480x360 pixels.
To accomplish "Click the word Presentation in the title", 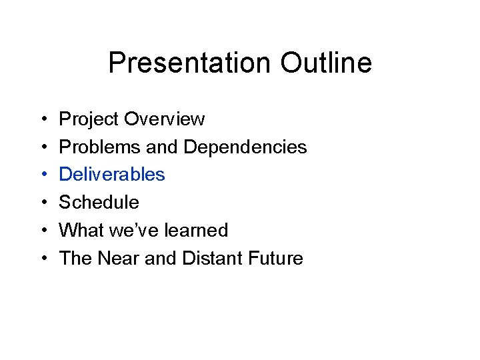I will (190, 64).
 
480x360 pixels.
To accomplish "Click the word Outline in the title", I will (326, 64).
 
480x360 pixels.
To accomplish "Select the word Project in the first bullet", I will (89, 120).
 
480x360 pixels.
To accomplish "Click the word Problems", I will (97, 147).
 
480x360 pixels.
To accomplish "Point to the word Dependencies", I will (245, 147).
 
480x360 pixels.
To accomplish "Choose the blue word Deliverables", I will (112, 175).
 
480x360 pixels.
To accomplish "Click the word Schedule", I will (99, 203).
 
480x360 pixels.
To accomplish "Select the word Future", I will (277, 259).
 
